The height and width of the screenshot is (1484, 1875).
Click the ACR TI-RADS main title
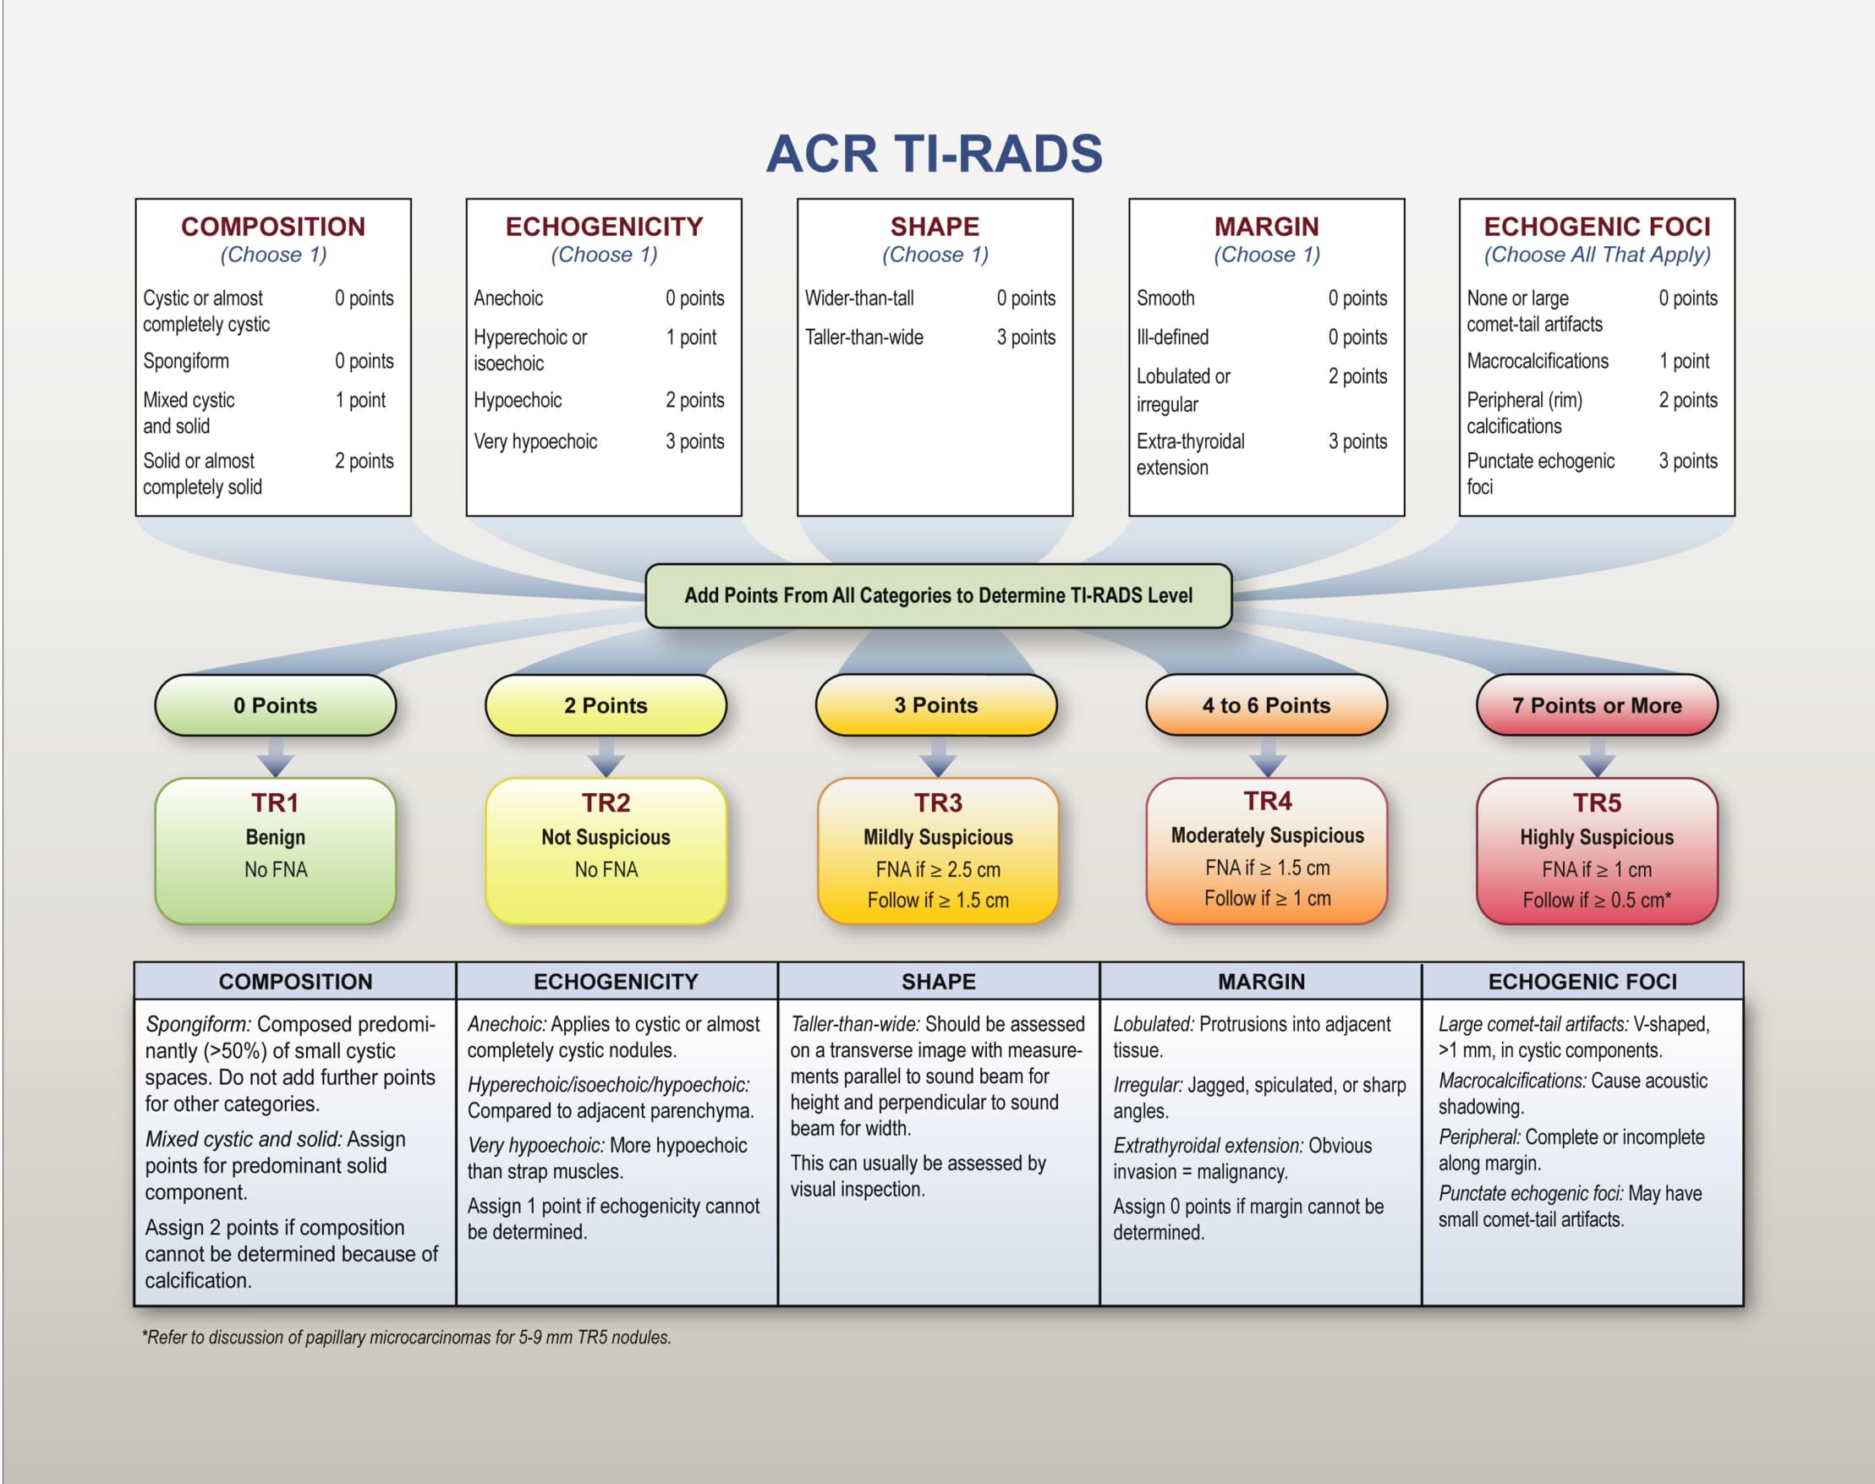click(934, 154)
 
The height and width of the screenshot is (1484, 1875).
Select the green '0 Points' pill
click(276, 705)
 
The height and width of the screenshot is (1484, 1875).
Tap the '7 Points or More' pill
click(1596, 705)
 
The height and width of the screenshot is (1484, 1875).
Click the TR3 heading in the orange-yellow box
click(937, 802)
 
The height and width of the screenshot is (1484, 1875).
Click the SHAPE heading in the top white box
click(934, 227)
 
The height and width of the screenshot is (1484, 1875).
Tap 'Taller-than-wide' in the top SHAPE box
click(863, 337)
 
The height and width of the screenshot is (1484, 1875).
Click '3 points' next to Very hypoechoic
click(694, 441)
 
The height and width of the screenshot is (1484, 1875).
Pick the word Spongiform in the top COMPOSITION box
click(186, 360)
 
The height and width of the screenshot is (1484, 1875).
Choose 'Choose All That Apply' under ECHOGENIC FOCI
click(1596, 255)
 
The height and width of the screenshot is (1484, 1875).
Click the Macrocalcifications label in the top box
click(1537, 360)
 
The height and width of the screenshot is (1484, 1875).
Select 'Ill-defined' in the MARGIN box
click(1172, 337)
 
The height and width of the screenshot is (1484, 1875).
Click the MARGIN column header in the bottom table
click(1261, 982)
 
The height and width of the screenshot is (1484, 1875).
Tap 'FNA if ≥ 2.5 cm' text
click(937, 870)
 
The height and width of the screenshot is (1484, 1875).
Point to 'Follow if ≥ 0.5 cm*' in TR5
click(1596, 901)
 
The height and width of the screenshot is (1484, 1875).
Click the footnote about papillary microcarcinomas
click(407, 1337)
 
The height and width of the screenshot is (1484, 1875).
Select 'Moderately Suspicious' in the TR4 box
click(1267, 835)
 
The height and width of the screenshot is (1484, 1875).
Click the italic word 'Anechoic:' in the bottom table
click(507, 1024)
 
